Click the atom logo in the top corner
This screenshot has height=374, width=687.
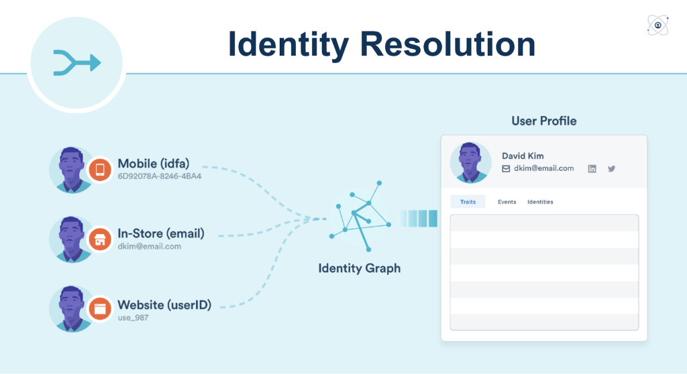(657, 25)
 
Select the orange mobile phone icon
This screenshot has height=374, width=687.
(100, 169)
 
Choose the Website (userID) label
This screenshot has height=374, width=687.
(164, 305)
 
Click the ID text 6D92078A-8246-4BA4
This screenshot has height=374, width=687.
(160, 176)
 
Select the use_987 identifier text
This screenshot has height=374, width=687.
(133, 318)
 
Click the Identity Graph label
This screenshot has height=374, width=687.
(359, 268)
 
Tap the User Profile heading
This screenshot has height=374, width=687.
(543, 121)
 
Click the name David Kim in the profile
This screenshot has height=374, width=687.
(523, 155)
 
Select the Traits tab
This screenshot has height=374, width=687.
(468, 202)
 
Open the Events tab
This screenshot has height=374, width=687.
(507, 202)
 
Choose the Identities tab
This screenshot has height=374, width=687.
(540, 202)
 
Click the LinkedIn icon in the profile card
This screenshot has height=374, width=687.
(592, 169)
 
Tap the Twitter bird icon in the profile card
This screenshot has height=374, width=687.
(611, 169)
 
